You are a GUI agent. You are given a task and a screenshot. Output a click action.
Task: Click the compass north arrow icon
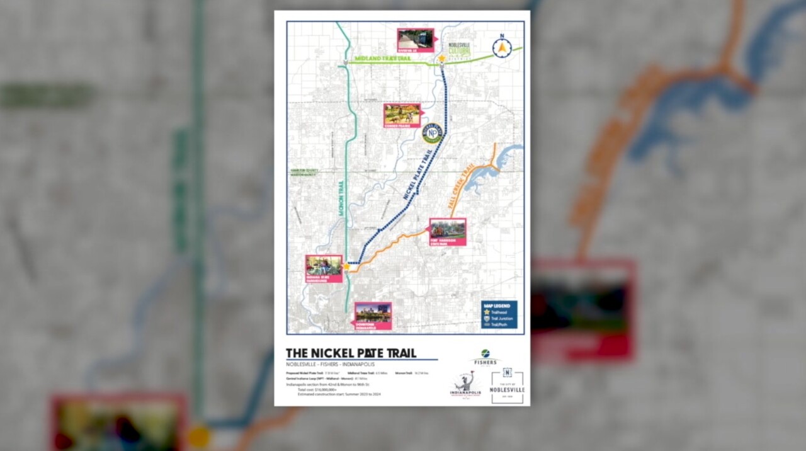coord(502,48)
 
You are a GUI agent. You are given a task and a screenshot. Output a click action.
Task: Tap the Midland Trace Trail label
coord(382,59)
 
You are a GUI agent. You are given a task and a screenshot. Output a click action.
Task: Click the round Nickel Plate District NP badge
coord(432,133)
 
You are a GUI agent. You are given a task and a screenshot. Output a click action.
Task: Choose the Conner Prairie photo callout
coord(402,115)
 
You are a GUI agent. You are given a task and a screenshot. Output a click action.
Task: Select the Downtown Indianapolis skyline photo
coord(373,315)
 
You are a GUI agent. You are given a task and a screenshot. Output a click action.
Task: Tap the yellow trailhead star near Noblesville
coord(442,59)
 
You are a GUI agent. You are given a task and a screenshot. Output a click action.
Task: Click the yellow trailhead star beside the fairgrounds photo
coord(346,266)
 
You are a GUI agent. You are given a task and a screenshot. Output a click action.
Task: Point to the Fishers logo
coord(485,357)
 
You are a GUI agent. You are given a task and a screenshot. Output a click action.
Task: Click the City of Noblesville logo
coord(507,386)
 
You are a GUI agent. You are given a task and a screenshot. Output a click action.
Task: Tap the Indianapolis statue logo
coord(465,384)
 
